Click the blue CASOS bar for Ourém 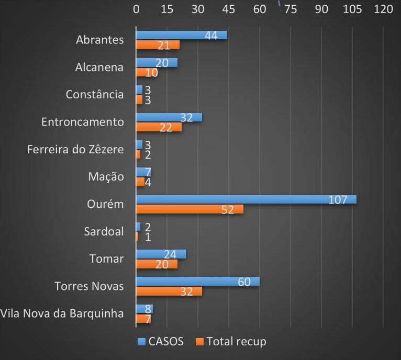[x=246, y=199]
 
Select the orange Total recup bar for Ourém [x=190, y=209]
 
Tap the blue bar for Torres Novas [x=198, y=282]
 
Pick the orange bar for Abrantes [x=158, y=45]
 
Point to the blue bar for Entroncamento [x=169, y=117]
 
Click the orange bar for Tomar [x=157, y=264]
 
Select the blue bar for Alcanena [x=157, y=63]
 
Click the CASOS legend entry [x=160, y=342]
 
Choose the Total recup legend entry [x=230, y=342]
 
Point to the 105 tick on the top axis [x=352, y=9]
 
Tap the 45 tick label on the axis [x=229, y=9]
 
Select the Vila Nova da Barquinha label [x=62, y=313]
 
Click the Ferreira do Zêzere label [x=75, y=150]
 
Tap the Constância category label [x=95, y=95]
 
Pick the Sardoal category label [x=104, y=231]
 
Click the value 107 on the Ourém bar [x=338, y=199]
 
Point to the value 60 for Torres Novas [x=244, y=282]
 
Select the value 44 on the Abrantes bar [x=211, y=35]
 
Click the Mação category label [x=106, y=177]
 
